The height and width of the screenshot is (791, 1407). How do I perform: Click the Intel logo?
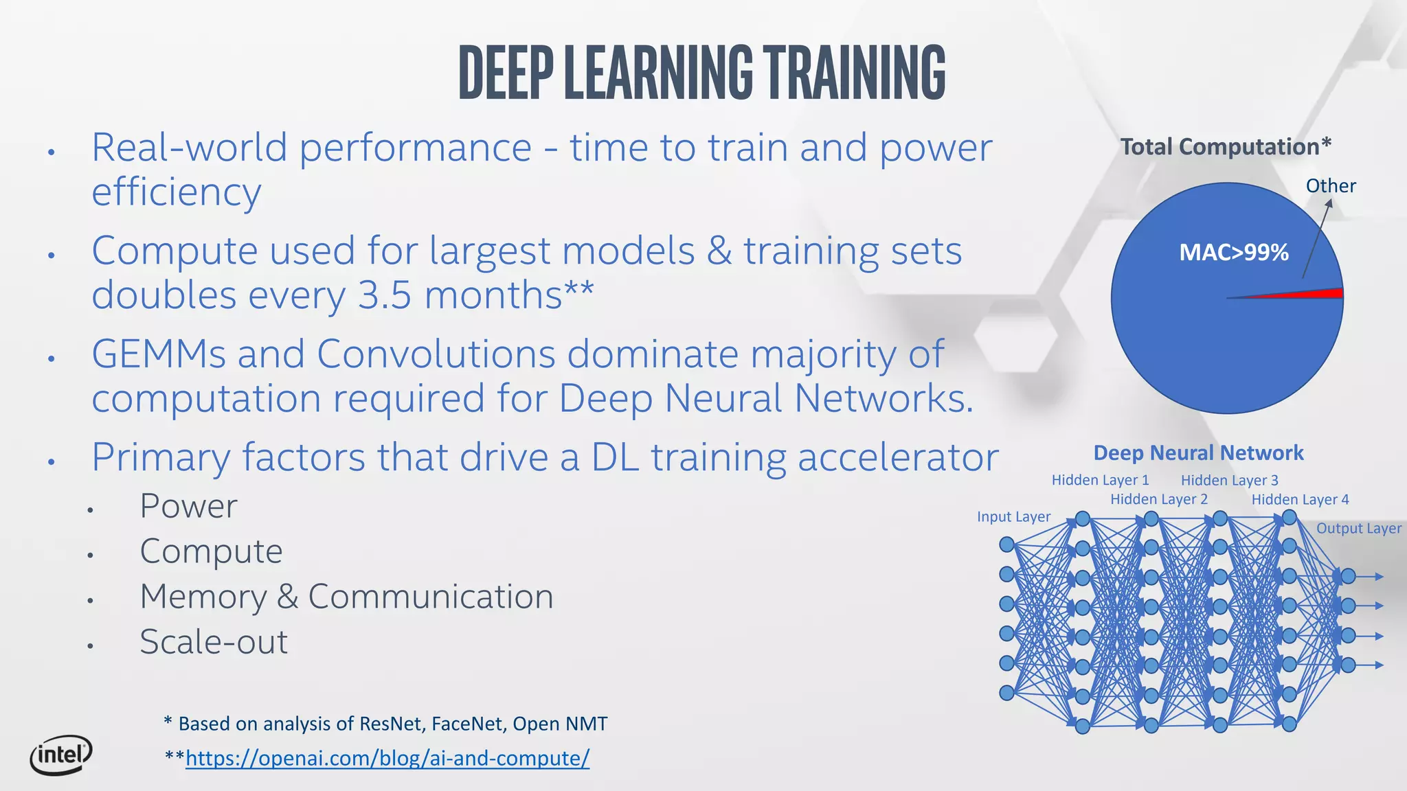click(x=61, y=755)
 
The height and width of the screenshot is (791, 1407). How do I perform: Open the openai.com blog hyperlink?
click(x=387, y=758)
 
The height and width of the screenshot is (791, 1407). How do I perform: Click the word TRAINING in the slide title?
click(x=855, y=72)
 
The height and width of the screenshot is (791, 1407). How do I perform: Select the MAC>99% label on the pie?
click(x=1233, y=253)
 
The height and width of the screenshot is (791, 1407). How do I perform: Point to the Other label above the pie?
click(x=1331, y=186)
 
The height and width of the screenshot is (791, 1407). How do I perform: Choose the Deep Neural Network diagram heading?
click(x=1198, y=453)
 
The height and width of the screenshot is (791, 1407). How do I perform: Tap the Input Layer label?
click(x=1013, y=517)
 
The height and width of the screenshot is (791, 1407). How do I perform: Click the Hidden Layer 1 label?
click(x=1100, y=480)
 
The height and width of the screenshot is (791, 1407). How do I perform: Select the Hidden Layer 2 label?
click(x=1159, y=499)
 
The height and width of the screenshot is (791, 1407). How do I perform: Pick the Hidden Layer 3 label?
click(x=1229, y=480)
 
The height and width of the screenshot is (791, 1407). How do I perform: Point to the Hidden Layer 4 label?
click(x=1300, y=499)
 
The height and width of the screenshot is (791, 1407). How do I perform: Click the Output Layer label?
click(x=1358, y=529)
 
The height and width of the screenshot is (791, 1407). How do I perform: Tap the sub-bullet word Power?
click(x=188, y=507)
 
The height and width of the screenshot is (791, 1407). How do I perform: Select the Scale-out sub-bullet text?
click(x=214, y=642)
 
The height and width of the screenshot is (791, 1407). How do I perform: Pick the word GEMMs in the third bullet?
click(x=158, y=354)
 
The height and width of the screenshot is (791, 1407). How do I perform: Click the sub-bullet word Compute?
click(x=211, y=551)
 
